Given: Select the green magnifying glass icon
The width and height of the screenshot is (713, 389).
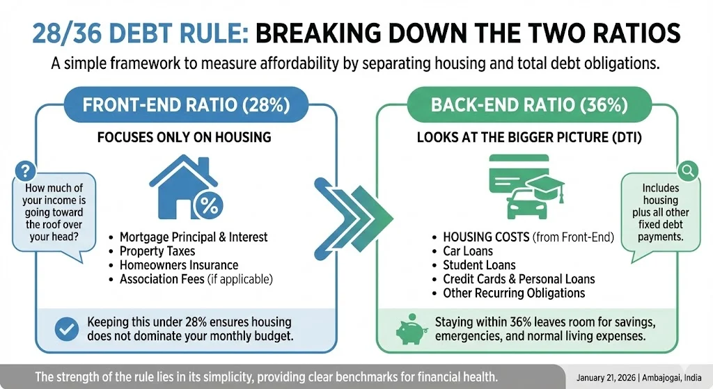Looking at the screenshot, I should pos(688,170).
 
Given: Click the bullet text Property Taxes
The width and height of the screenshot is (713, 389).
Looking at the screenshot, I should pos(157,251).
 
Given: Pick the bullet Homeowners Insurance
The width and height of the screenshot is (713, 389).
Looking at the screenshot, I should pos(179,265).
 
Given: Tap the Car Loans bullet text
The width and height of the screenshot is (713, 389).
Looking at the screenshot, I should pos(468,251).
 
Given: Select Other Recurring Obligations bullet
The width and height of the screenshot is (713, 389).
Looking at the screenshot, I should pos(514,293).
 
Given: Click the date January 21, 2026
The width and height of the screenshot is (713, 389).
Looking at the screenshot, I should pos(609,377).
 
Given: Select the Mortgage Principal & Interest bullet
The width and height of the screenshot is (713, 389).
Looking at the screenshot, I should pos(194,237).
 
